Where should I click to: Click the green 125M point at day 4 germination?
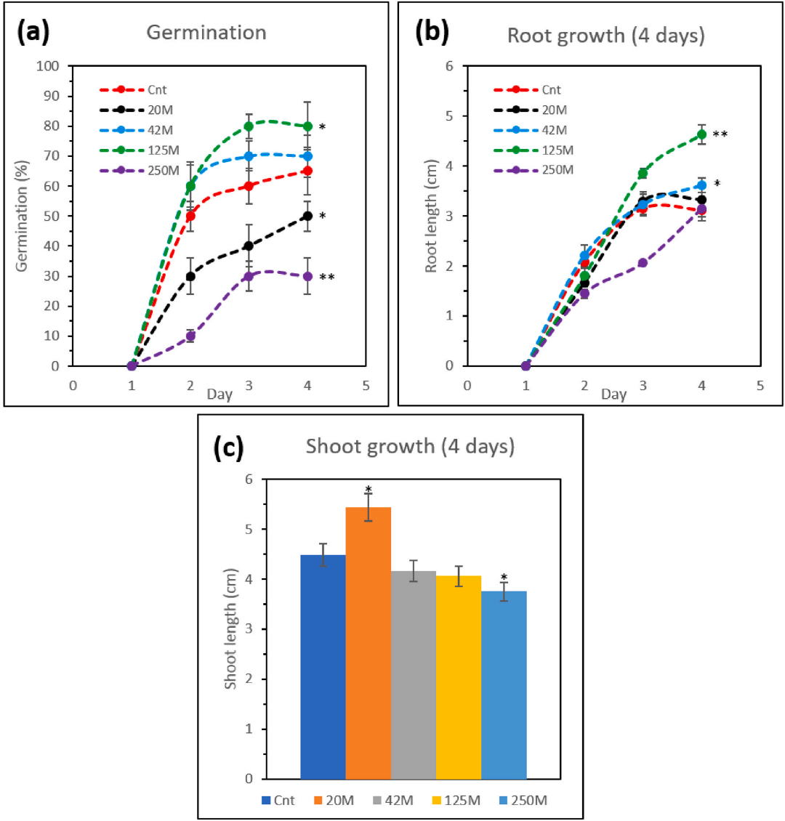pos(307,126)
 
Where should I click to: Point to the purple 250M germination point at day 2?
pos(190,336)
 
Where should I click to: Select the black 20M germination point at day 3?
pos(249,246)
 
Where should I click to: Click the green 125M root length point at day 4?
pos(701,134)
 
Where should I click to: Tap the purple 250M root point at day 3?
pos(643,262)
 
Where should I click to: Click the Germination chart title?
pos(206,33)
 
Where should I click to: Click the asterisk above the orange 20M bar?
pos(369,489)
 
